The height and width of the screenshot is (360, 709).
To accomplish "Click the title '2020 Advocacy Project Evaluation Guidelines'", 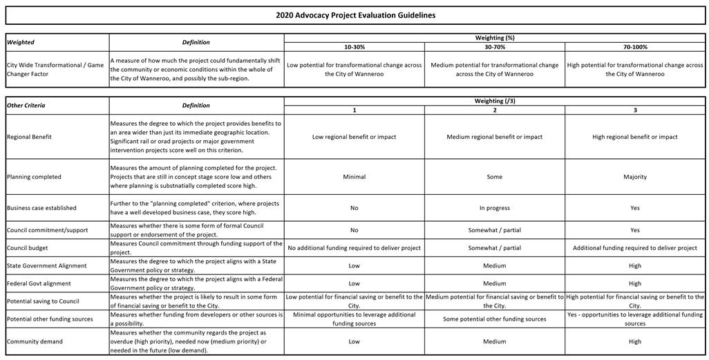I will pyautogui.click(x=355, y=15).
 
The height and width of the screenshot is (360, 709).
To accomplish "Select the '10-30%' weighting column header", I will pyautogui.click(x=354, y=47).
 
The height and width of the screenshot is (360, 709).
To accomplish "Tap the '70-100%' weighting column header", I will pyautogui.click(x=634, y=47).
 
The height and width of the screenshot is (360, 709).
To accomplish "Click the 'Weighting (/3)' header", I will pyautogui.click(x=495, y=101).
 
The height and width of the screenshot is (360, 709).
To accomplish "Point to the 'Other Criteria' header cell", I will pyautogui.click(x=26, y=106).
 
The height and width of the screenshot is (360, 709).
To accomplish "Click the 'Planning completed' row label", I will pyautogui.click(x=34, y=177).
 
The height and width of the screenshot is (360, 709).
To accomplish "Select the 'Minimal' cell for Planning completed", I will pyautogui.click(x=354, y=177).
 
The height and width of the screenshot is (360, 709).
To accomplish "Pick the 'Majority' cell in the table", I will pyautogui.click(x=634, y=177).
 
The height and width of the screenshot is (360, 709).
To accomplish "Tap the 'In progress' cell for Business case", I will pyautogui.click(x=494, y=208).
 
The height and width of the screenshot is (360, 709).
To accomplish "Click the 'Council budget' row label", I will pyautogui.click(x=28, y=247).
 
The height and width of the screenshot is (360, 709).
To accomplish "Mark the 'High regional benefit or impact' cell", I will pyautogui.click(x=634, y=137).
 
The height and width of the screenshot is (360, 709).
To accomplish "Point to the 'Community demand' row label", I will pyautogui.click(x=35, y=341).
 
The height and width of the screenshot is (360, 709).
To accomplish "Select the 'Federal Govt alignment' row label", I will pyautogui.click(x=39, y=283).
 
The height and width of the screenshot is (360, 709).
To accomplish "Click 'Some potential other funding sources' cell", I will pyautogui.click(x=494, y=319).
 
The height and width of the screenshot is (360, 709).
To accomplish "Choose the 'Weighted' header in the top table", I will pyautogui.click(x=21, y=42).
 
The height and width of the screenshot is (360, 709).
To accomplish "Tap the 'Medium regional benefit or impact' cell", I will pyautogui.click(x=494, y=137).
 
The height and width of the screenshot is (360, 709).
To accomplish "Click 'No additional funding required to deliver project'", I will pyautogui.click(x=354, y=247).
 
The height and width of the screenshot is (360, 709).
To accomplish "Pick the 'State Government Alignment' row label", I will pyautogui.click(x=46, y=265).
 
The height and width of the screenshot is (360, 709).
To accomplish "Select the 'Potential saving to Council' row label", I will pyautogui.click(x=43, y=301).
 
